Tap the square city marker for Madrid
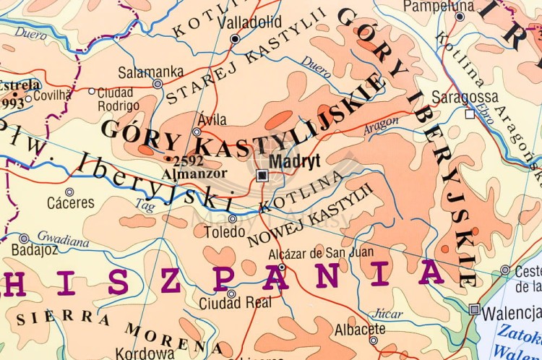tap(262, 176)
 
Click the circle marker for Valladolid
tap(235, 39)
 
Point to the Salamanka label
tap(151, 71)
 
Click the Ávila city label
tap(212, 120)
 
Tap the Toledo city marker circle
tap(233, 218)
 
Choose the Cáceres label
tap(70, 203)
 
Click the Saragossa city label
tap(465, 97)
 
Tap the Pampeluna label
tap(439, 7)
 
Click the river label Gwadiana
tap(63, 239)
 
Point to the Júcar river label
tap(389, 314)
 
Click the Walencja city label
tap(511, 313)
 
